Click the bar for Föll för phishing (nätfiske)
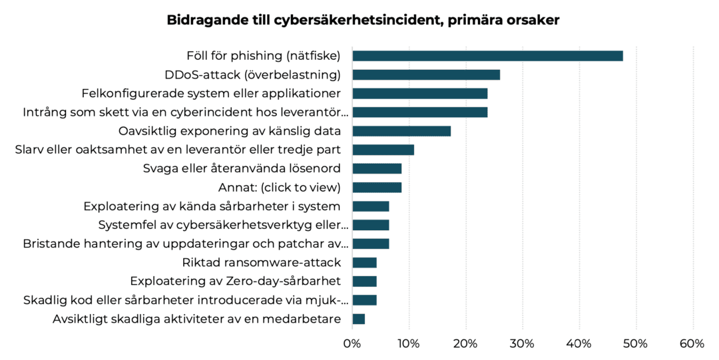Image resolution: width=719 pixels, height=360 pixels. [x=487, y=56]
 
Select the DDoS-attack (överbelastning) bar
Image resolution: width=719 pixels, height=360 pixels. [x=426, y=75]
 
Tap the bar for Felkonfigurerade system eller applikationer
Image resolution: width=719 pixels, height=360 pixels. [x=419, y=93]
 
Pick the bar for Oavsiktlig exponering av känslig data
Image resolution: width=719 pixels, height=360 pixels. [x=401, y=131]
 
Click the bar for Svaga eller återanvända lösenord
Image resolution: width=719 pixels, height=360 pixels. [x=377, y=168]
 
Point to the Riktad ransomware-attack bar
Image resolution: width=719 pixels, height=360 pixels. [x=364, y=262]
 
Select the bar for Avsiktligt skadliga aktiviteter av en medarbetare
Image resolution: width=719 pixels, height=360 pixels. [x=358, y=319]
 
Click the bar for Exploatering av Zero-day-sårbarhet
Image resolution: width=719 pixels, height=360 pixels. [x=364, y=281]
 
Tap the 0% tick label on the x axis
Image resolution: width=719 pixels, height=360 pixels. [x=352, y=343]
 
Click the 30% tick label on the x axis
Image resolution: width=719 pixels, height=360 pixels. [x=522, y=343]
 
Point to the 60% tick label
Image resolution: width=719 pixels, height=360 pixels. [x=692, y=343]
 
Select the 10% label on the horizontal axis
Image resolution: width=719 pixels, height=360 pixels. [x=408, y=343]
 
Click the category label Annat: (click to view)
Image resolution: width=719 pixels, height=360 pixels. [x=280, y=188]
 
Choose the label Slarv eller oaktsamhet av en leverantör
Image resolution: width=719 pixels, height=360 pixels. [x=178, y=150]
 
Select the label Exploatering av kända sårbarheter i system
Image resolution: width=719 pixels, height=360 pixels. [x=212, y=206]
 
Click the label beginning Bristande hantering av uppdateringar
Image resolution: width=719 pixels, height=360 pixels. [x=186, y=244]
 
